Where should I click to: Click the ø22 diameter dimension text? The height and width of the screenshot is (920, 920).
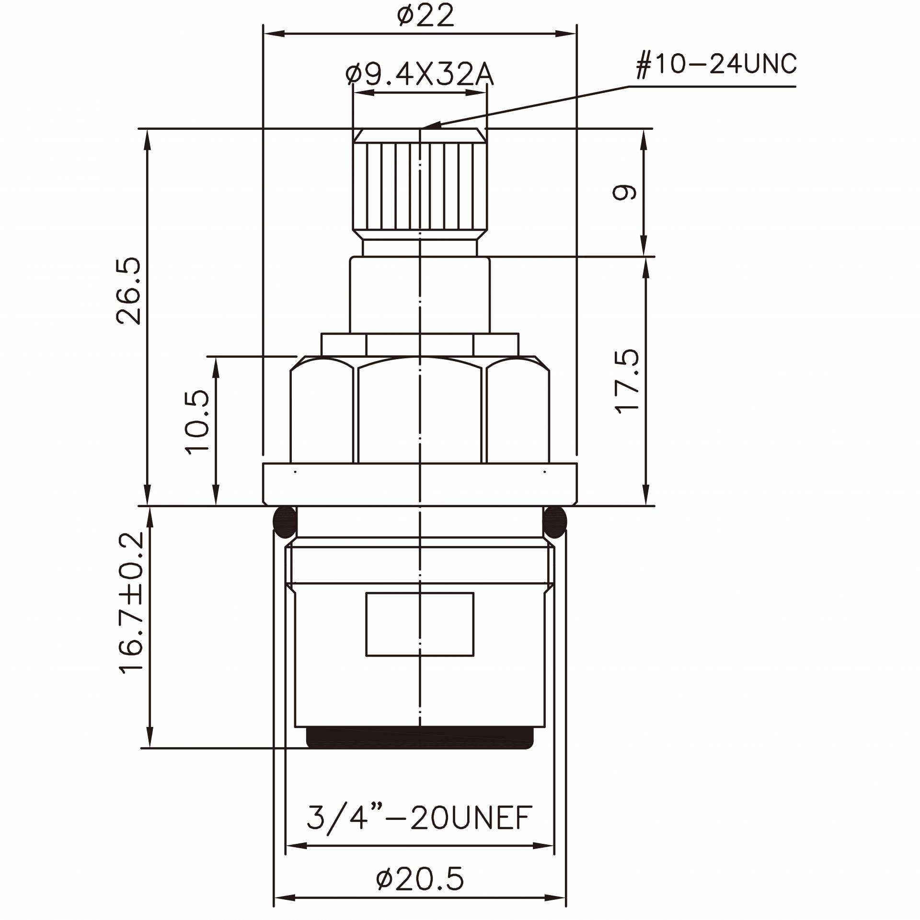(425, 15)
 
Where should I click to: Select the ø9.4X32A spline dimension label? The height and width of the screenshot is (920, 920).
(419, 75)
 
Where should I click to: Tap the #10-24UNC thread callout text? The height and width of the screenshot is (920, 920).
(716, 64)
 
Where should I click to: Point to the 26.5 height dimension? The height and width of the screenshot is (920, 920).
(129, 291)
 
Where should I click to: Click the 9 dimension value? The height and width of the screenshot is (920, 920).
(625, 192)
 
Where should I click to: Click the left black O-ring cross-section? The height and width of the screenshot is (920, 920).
(285, 522)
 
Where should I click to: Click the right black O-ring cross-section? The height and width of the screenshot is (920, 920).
(555, 522)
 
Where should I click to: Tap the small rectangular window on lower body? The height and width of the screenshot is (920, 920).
(420, 624)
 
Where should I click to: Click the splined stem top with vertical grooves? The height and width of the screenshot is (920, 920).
(420, 187)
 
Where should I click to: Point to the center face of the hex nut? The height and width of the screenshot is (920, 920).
(420, 412)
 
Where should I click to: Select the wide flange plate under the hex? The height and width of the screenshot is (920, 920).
(420, 484)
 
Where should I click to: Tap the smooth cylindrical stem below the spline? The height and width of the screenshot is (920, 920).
(420, 295)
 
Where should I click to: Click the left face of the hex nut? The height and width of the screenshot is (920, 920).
(322, 412)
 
